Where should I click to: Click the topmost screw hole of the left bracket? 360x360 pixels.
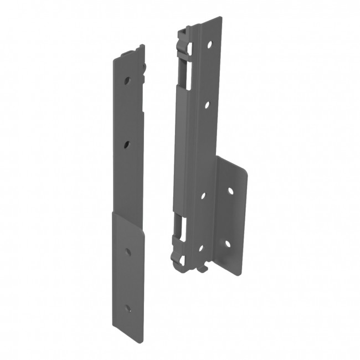click(x=127, y=80)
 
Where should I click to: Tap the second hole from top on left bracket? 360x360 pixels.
click(x=127, y=145)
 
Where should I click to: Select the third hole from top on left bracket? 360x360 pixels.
click(x=128, y=251)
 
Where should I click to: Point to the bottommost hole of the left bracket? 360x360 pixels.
click(x=128, y=308)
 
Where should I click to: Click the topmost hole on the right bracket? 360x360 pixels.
click(x=210, y=44)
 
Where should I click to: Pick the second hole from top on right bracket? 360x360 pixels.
click(x=206, y=104)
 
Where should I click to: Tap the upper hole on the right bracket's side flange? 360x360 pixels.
click(x=230, y=191)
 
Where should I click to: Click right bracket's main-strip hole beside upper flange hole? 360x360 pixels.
click(x=203, y=195)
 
